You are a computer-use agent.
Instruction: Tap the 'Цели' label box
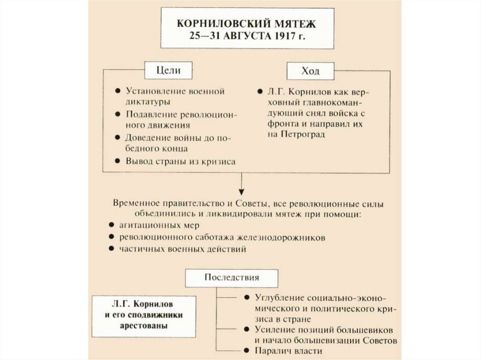168,70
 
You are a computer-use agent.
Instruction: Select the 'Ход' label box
310,71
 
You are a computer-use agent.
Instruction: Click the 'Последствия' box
232,277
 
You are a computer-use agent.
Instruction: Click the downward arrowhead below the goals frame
241,191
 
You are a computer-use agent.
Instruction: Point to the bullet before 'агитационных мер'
110,226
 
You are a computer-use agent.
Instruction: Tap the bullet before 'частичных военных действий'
110,249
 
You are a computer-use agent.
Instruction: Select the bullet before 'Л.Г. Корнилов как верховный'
259,92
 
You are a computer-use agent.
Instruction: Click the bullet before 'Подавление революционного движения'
117,115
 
